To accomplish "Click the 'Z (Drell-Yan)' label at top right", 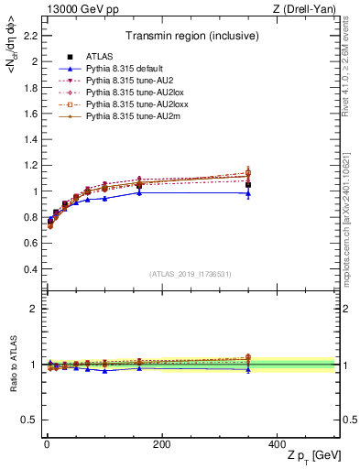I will pos(309,9).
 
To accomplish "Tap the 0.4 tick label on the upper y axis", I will pos(32,269).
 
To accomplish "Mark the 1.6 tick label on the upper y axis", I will pos(32,115).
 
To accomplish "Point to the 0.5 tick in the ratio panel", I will pos(32,420).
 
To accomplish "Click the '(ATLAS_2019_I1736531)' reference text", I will pos(191,274).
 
